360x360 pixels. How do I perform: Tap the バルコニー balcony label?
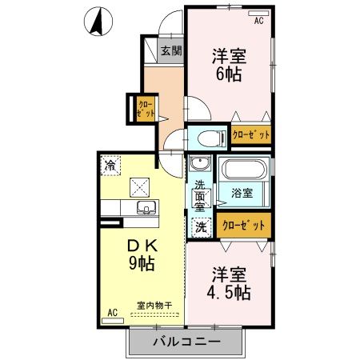186,342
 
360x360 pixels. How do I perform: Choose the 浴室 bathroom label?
242,193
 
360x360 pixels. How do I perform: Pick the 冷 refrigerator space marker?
110,165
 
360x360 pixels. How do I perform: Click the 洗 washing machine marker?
199,226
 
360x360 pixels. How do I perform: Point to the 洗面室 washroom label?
199,195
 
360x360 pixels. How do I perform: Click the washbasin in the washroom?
199,166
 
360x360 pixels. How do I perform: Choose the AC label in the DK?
112,313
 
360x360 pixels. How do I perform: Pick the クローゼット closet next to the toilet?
250,134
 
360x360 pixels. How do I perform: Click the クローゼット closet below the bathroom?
243,226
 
